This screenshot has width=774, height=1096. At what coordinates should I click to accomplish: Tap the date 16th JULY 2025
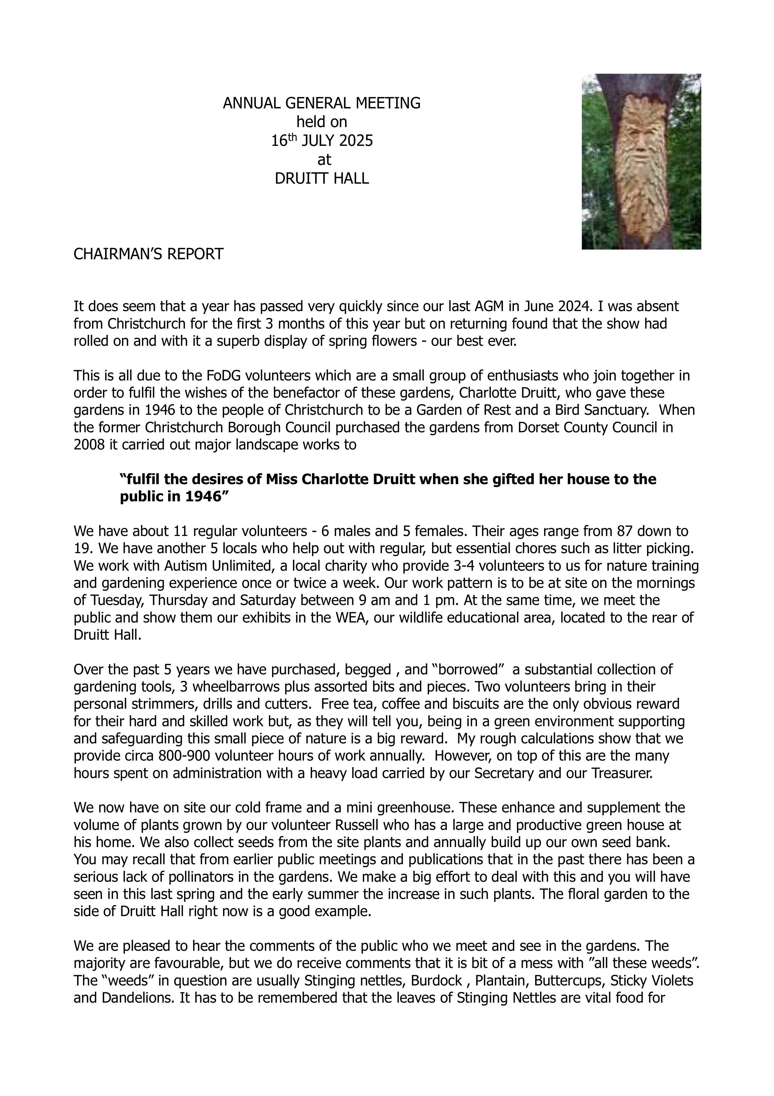click(x=322, y=141)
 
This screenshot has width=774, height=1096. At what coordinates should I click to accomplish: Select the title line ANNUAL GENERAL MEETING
click(x=322, y=103)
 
